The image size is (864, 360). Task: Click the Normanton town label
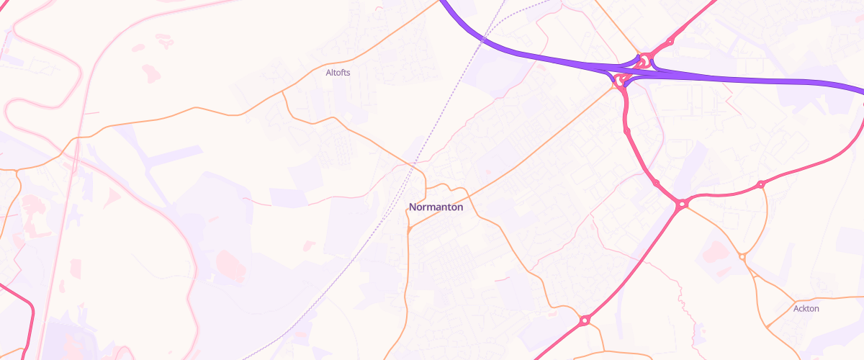436,207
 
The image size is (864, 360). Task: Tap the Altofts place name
338,73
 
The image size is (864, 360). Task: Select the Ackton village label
806,309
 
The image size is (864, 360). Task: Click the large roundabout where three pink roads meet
681,204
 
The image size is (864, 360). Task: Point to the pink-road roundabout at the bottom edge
585,319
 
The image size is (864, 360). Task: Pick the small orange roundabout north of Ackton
742,257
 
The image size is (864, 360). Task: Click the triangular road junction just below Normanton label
409,230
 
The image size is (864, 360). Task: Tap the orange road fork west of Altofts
283,91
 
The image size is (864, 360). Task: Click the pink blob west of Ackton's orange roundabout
713,251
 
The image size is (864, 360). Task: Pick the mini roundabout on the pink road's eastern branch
760,185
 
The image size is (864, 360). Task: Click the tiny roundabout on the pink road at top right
670,41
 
